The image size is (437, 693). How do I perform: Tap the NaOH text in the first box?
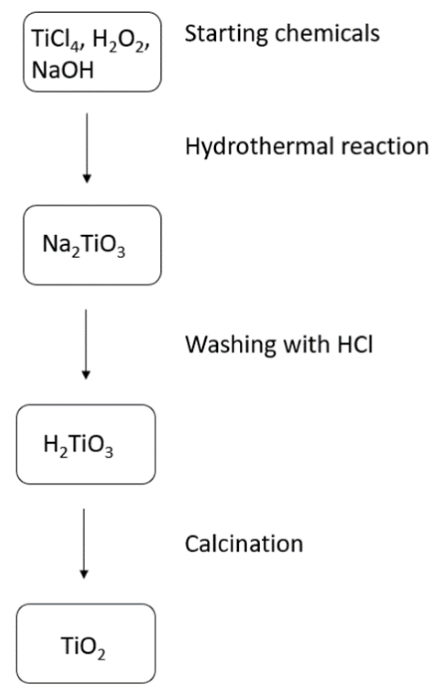(x=63, y=70)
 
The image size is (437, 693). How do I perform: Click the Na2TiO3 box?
(x=92, y=245)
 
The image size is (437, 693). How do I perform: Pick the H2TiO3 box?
(x=86, y=444)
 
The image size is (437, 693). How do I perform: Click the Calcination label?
(x=243, y=544)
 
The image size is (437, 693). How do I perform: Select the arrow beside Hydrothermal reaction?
(x=86, y=147)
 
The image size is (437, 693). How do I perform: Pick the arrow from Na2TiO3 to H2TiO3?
(x=86, y=344)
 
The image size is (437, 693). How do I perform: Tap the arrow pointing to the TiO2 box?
(x=84, y=543)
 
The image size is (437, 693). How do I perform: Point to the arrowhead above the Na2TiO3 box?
(x=86, y=179)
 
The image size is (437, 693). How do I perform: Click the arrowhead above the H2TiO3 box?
(x=86, y=375)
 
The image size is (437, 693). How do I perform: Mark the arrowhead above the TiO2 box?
(x=84, y=574)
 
